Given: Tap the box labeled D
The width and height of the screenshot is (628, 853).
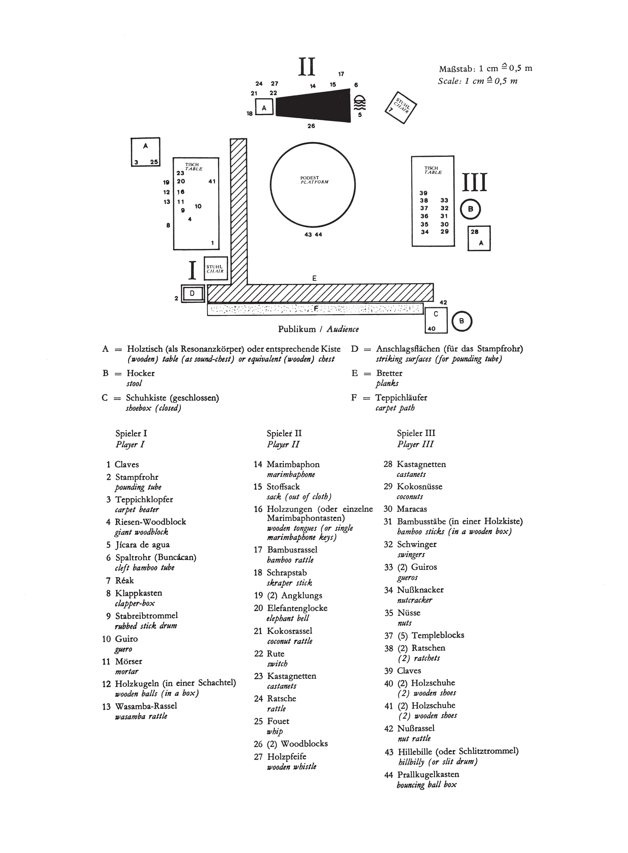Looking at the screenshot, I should [192, 293].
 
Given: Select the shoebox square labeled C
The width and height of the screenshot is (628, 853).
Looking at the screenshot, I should [436, 320].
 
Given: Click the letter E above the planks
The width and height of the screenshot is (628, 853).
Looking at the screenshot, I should [314, 278].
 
